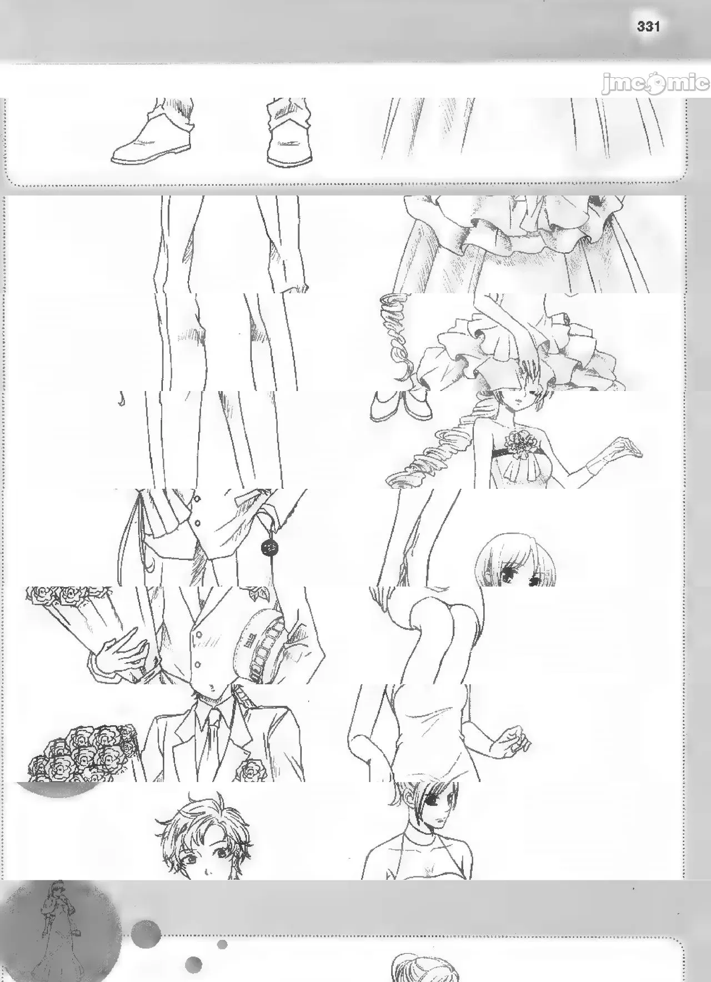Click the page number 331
(648, 26)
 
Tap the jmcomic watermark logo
(655, 84)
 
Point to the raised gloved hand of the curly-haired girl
(624, 446)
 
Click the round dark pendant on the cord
(268, 547)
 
